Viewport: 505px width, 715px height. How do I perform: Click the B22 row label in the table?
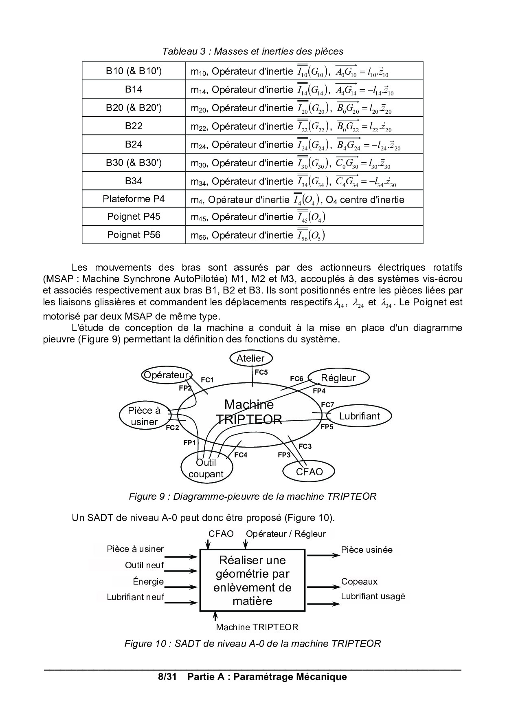tap(134, 126)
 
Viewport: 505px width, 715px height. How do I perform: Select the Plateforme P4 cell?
tap(134, 199)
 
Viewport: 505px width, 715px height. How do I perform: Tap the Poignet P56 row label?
tap(134, 235)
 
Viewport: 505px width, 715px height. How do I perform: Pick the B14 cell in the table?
tap(134, 89)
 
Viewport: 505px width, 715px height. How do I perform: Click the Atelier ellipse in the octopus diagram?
tap(250, 358)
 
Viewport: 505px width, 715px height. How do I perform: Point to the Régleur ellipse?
tap(338, 378)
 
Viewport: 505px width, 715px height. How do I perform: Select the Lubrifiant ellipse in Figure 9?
tap(359, 416)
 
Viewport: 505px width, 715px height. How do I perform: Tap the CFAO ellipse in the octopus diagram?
tap(309, 472)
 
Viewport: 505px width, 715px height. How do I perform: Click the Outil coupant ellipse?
tap(206, 468)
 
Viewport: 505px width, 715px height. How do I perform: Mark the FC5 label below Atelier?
tap(261, 372)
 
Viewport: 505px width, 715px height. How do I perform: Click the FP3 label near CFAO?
tap(284, 455)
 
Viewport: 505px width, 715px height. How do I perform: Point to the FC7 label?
tap(327, 405)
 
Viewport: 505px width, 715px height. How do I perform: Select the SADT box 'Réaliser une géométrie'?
tap(252, 580)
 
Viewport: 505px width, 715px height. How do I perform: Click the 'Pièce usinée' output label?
tap(367, 549)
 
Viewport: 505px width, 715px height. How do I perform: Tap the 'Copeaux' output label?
tap(359, 582)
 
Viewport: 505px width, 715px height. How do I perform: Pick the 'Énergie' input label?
tap(148, 582)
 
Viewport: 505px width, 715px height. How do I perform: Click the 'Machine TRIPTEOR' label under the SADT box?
tap(257, 627)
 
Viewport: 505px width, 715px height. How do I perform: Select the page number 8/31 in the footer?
tap(167, 677)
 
